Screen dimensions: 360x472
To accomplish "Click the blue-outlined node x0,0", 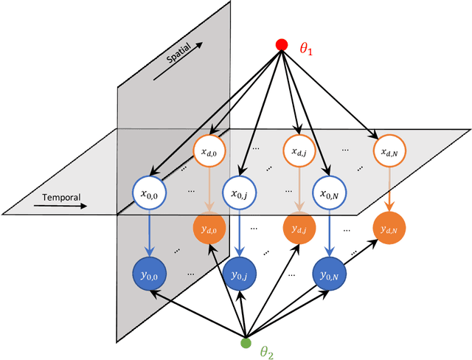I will (150, 194).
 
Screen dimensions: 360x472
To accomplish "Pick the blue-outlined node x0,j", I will (238, 194).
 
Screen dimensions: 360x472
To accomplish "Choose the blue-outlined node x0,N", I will (329, 194).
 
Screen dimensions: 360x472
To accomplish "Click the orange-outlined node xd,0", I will (209, 152).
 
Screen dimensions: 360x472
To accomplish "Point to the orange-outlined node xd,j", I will (299, 152).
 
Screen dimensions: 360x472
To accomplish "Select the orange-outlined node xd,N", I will (389, 152).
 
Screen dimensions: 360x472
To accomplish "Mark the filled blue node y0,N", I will (329, 274).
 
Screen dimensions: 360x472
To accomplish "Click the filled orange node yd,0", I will (209, 229).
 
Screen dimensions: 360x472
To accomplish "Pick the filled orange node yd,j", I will (299, 229).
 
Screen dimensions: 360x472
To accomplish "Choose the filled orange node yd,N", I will (389, 229).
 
